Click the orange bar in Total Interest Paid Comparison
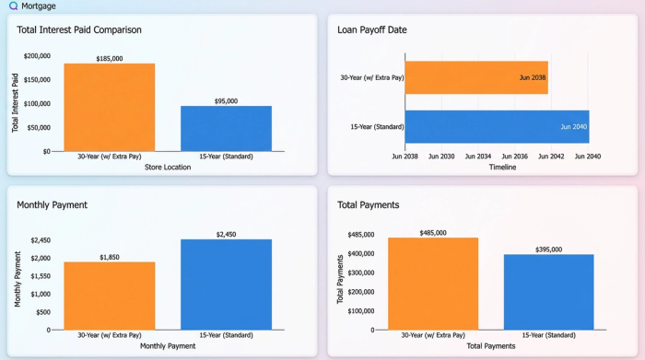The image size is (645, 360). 109,107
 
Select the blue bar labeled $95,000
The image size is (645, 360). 226,128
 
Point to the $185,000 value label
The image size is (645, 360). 109,59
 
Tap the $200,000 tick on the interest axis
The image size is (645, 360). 37,56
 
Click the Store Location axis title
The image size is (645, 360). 168,168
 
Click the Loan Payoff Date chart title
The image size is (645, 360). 372,29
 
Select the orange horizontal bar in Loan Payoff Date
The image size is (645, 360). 477,77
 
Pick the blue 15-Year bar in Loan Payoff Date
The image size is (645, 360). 497,126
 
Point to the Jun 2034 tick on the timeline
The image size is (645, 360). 478,157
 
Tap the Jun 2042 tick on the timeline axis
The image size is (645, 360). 551,157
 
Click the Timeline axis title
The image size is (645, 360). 501,168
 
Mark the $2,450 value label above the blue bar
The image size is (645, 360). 227,235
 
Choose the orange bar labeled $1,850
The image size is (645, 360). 109,296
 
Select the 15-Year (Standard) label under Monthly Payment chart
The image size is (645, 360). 227,335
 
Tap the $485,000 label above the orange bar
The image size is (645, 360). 433,233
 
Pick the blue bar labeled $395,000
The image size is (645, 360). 548,292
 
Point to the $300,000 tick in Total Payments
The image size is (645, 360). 360,273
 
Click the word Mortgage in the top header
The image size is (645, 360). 39,6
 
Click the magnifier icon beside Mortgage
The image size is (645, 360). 13,6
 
